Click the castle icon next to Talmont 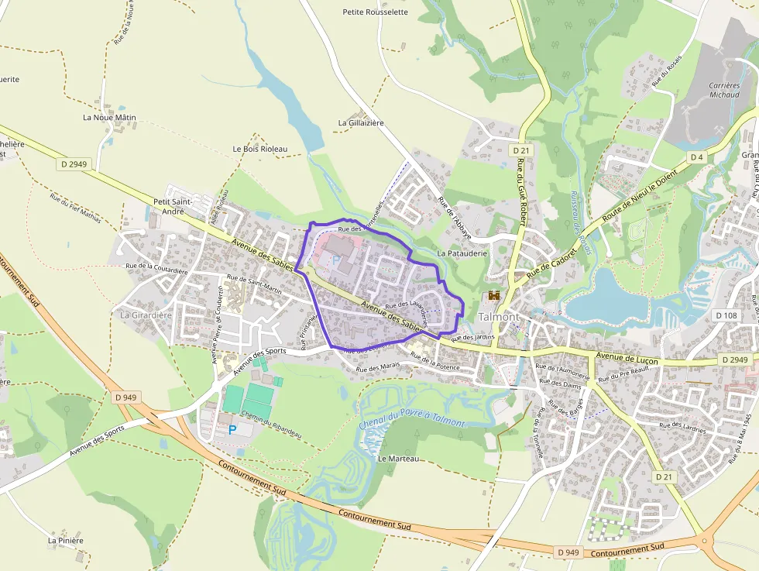[x=493, y=296]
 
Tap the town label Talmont [x=499, y=317]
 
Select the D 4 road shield [x=696, y=157]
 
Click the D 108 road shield [x=726, y=315]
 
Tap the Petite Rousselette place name [x=375, y=12]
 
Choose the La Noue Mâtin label [x=109, y=118]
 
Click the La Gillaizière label [x=361, y=123]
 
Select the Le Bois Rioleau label [x=259, y=149]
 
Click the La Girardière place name [x=146, y=315]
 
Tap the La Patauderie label [x=462, y=253]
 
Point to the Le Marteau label [x=398, y=459]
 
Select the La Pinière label [x=66, y=541]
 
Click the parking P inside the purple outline [x=335, y=260]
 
